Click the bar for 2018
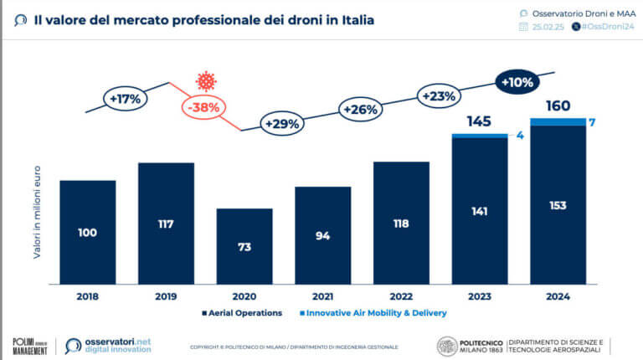88,232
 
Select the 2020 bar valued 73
244,246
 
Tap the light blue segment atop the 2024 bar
558,122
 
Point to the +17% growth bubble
126,98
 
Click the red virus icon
205,81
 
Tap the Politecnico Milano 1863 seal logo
448,346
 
